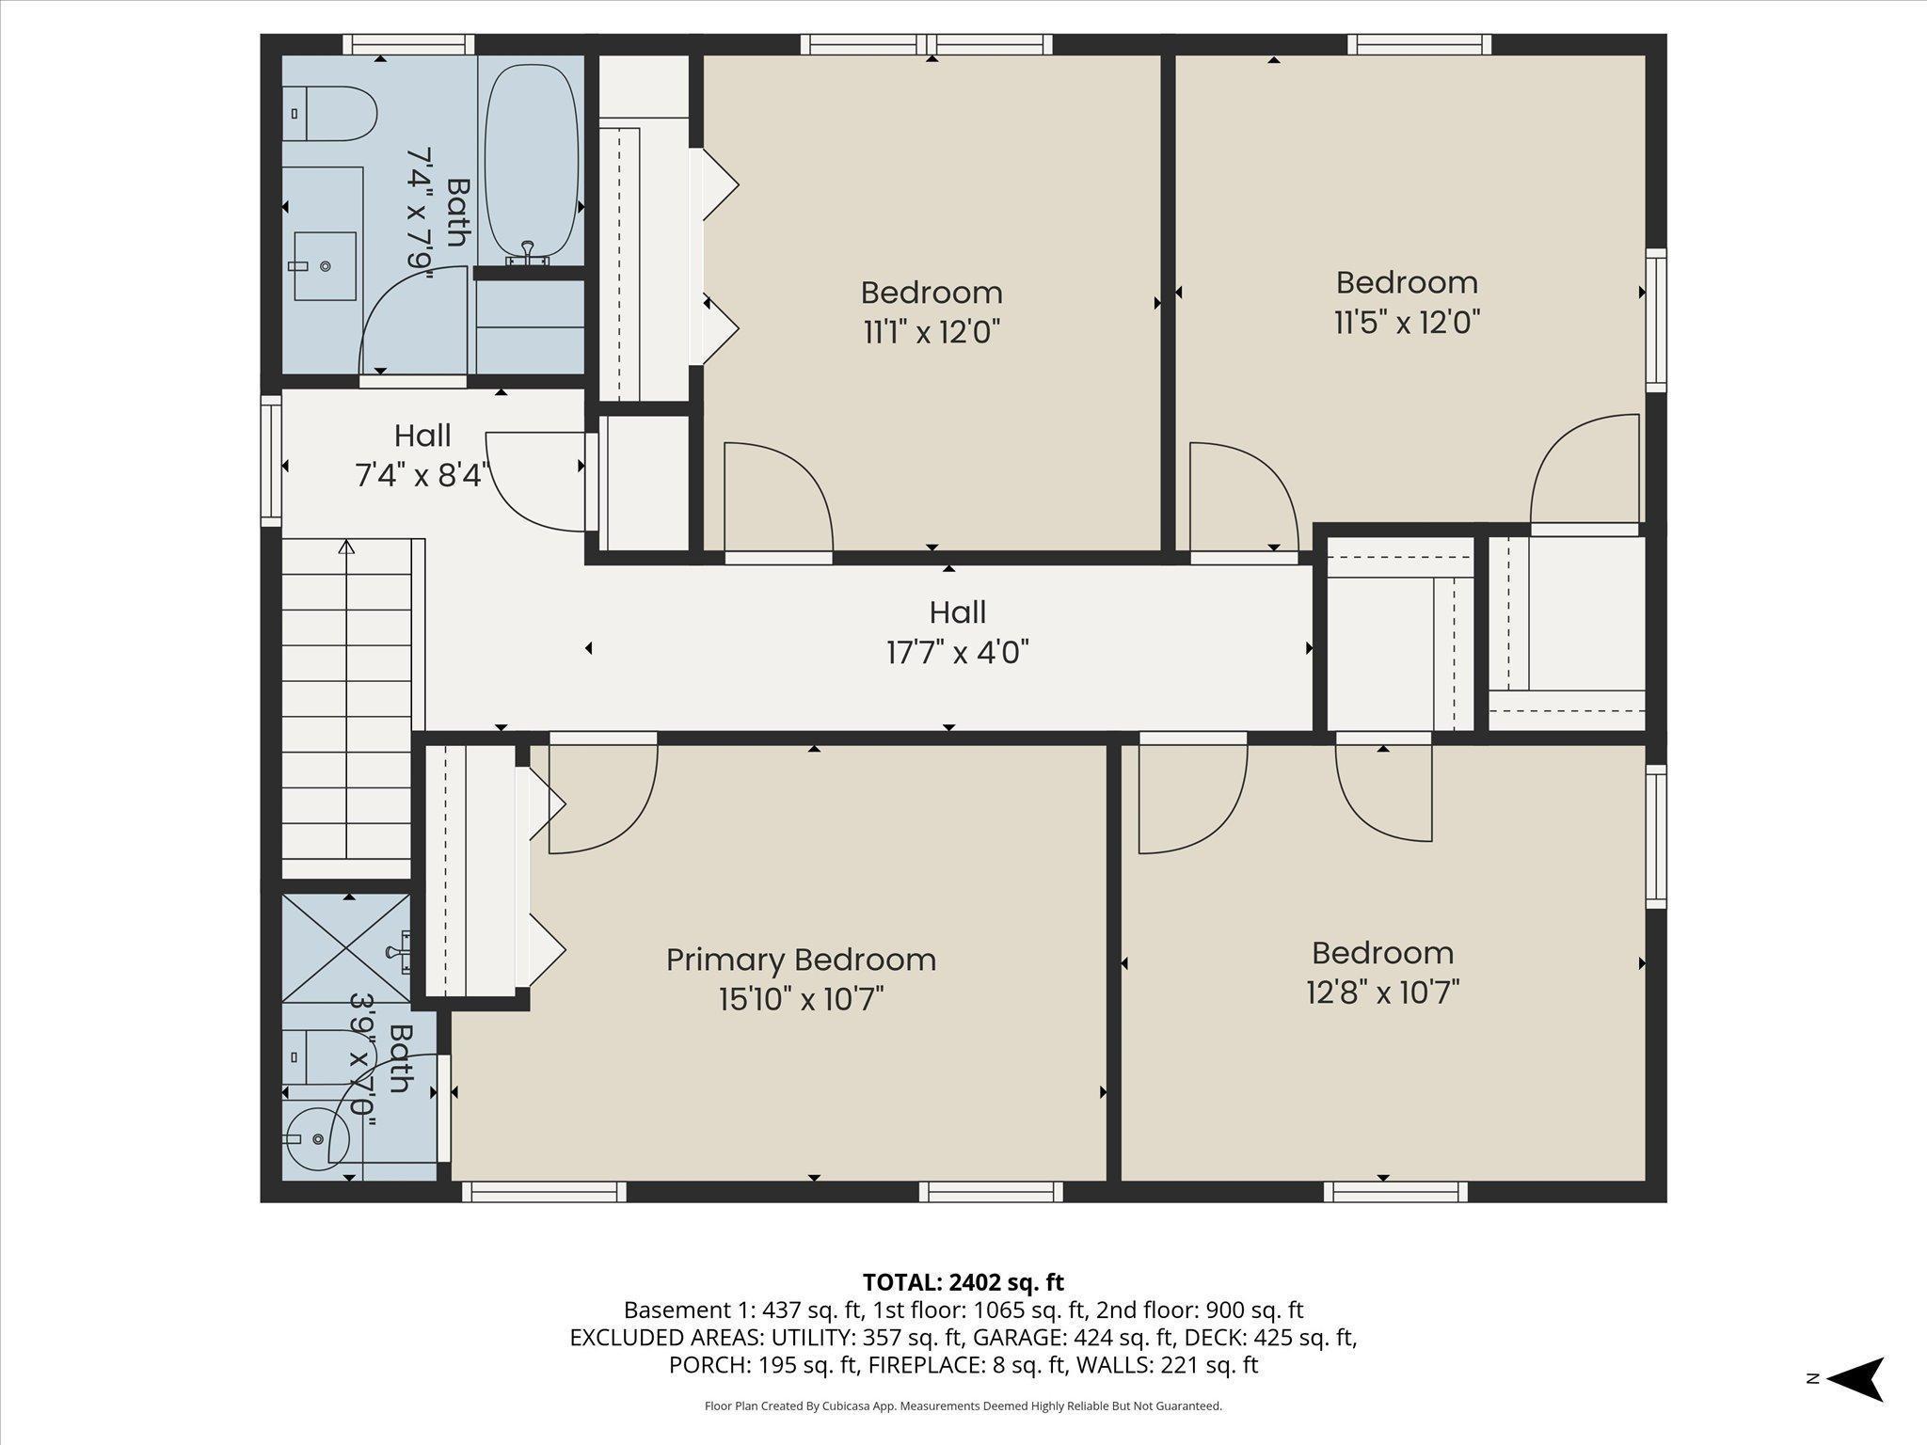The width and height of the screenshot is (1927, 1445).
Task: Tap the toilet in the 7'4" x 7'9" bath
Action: (x=328, y=114)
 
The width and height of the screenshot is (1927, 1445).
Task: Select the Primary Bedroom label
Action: (x=801, y=960)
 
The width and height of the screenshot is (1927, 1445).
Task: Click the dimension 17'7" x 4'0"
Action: (x=958, y=651)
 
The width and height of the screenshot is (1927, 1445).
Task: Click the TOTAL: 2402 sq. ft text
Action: (x=963, y=1281)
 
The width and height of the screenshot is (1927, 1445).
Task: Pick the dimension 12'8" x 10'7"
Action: (x=1382, y=992)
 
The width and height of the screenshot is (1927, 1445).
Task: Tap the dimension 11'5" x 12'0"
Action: (x=1407, y=323)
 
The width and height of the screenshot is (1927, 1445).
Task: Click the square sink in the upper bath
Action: (x=325, y=266)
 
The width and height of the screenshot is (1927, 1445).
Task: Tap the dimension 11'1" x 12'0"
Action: (x=932, y=332)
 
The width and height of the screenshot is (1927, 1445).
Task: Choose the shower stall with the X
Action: (x=346, y=947)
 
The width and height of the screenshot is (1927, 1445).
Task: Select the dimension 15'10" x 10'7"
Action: (x=801, y=998)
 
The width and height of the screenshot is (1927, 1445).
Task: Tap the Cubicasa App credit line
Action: (x=963, y=1406)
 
